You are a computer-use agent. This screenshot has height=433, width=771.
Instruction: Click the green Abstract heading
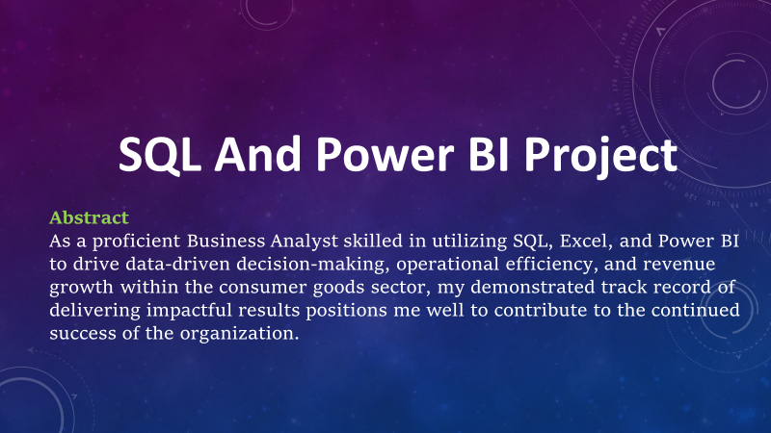click(x=89, y=216)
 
